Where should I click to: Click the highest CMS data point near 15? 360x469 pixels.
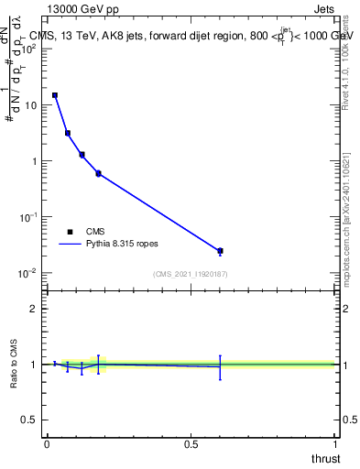click(x=55, y=95)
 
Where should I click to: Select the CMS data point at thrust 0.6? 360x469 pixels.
click(x=220, y=251)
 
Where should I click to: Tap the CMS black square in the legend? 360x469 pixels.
click(x=70, y=232)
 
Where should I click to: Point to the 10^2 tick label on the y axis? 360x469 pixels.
click(x=29, y=49)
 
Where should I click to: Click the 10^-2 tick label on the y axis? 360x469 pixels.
click(x=29, y=273)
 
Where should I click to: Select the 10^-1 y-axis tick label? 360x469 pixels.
click(x=29, y=217)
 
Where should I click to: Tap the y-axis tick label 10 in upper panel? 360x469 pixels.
click(x=31, y=105)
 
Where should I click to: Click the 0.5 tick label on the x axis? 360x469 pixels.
click(x=191, y=443)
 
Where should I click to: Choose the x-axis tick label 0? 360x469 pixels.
click(x=47, y=443)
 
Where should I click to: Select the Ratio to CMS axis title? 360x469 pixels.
click(x=14, y=364)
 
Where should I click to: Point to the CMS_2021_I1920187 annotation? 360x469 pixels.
click(x=191, y=274)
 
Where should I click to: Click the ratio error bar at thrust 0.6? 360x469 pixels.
click(x=220, y=366)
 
